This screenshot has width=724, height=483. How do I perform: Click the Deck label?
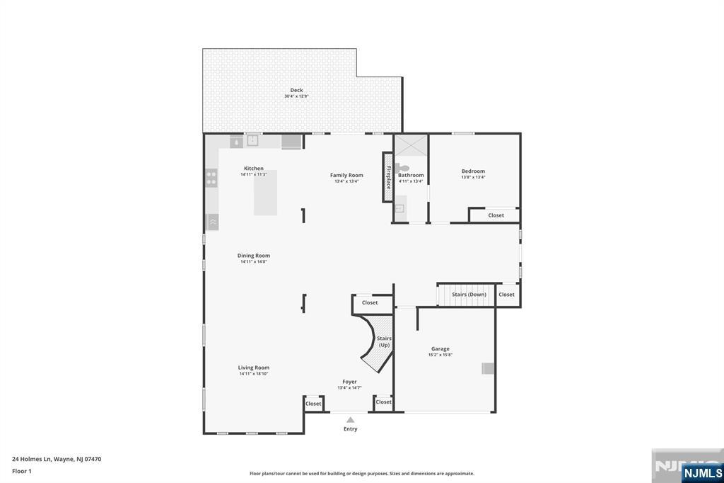coord(296,90)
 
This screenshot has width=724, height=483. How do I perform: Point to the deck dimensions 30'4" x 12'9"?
coord(296,96)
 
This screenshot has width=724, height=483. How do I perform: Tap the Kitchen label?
coord(254,169)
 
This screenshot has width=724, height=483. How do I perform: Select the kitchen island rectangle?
coord(266,192)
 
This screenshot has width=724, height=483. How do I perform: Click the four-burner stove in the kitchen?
coord(211,178)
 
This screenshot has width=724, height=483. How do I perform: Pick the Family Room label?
coord(346,175)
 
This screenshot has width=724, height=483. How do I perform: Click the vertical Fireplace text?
coord(388,177)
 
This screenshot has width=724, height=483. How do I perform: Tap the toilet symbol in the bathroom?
coord(404,168)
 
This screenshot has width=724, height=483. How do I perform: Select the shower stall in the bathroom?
coord(411,146)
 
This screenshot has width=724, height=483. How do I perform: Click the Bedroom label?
coord(473,171)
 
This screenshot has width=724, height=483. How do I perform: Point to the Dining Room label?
coord(253,256)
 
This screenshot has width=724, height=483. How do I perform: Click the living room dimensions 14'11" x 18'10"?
coord(253,374)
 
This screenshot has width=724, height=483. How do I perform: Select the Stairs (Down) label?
coord(469,295)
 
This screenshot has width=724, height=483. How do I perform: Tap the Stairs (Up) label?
coord(384,341)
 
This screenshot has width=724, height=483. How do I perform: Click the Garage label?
coord(440,348)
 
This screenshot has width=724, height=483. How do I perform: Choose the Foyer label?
coord(349,382)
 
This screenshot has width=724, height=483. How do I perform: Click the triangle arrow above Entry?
coord(350,420)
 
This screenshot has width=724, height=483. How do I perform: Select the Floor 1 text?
coord(23,471)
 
